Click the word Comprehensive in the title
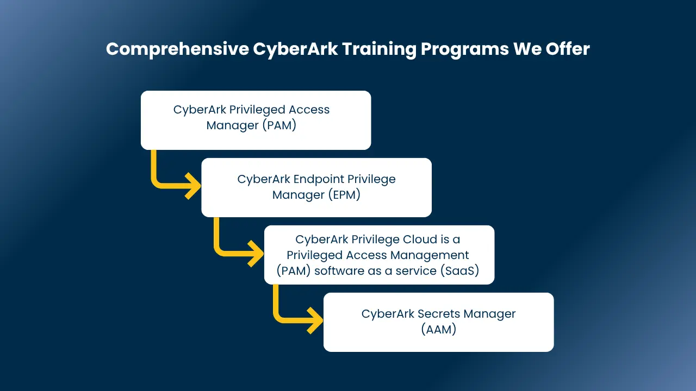(x=177, y=49)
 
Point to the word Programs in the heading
(x=465, y=49)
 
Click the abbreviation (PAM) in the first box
(x=279, y=125)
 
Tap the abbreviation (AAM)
(x=438, y=329)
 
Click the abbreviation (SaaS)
(x=460, y=270)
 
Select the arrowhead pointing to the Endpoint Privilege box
(x=193, y=186)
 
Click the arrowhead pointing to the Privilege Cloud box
(x=256, y=254)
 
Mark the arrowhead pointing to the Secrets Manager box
(x=315, y=320)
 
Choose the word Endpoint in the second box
(x=319, y=180)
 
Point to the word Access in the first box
(x=309, y=110)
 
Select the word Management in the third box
(x=430, y=255)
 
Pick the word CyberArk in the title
(x=295, y=49)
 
